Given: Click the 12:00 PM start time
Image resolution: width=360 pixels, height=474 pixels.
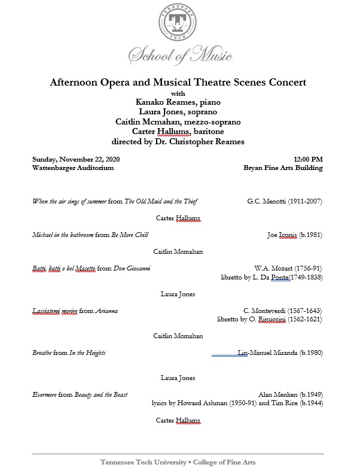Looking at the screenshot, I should point(308,159).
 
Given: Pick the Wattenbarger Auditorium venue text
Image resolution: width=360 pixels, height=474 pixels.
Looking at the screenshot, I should point(73,168).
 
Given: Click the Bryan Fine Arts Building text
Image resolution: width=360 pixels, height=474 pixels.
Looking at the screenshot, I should point(283,168).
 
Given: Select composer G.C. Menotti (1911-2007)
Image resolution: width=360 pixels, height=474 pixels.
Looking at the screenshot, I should point(285,201).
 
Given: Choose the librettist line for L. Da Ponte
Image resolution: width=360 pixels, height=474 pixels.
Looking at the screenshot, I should point(271,277).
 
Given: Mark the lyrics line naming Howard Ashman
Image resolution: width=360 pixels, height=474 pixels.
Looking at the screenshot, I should point(238,403).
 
